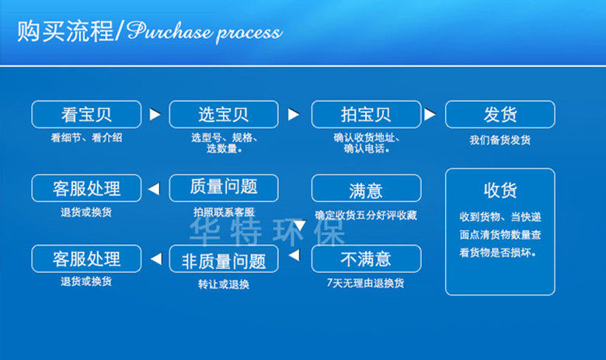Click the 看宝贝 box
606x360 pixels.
coord(86,114)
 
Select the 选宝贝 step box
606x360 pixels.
coord(223,114)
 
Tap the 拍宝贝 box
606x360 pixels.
coord(366,114)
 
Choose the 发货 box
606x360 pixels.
coord(500,114)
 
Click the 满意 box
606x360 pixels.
coord(366,188)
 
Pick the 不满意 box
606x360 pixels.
coord(366,258)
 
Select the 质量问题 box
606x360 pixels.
coord(223,187)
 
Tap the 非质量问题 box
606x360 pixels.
coord(223,259)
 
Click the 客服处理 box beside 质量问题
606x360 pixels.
coord(86,187)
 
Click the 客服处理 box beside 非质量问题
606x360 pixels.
coord(86,258)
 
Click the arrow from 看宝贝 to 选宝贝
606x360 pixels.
coord(155,114)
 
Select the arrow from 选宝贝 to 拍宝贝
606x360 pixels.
coord(293,114)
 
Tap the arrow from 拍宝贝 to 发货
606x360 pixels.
coord(430,114)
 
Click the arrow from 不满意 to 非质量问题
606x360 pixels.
coord(294,255)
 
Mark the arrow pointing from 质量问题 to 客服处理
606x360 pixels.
coord(155,187)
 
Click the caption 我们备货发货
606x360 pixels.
coord(500,140)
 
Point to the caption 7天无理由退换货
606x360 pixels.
coord(366,283)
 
